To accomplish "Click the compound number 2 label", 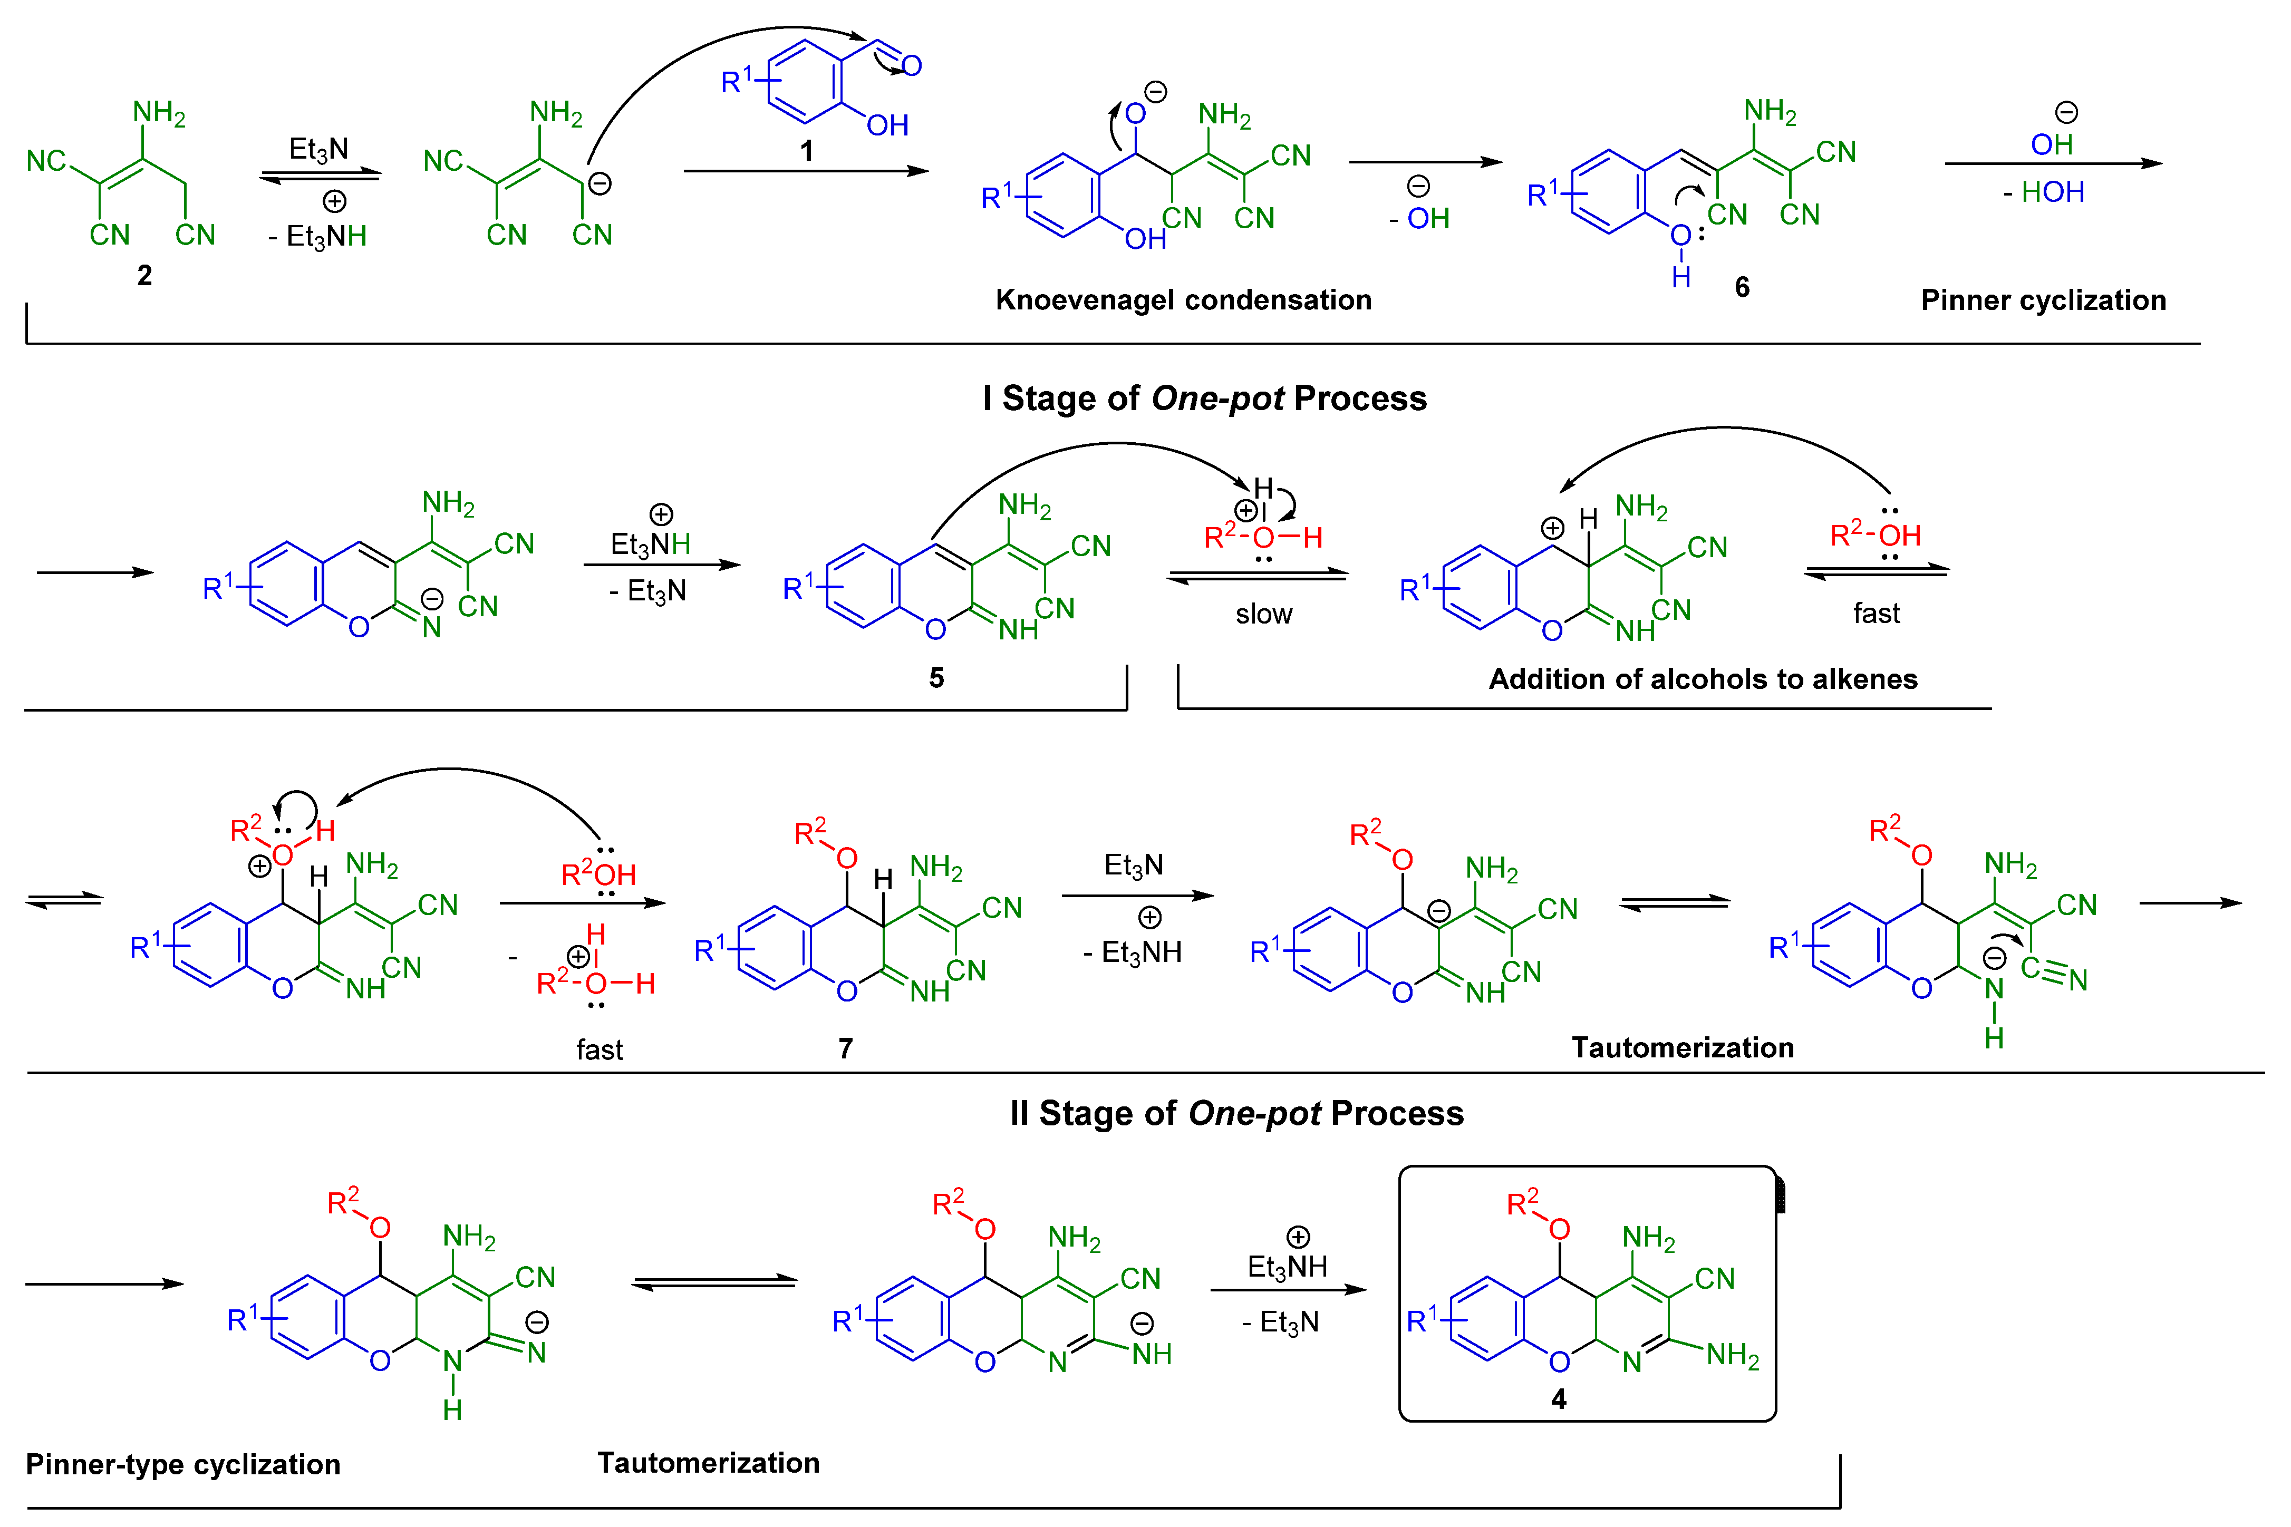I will [x=144, y=276].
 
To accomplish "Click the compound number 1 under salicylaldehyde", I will [x=807, y=151].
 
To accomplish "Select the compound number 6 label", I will [x=1742, y=287].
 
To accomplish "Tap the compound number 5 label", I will [x=936, y=678].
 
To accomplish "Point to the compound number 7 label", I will [x=846, y=1049].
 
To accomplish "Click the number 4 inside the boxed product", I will [x=1559, y=1399].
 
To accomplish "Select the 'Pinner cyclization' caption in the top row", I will [x=2043, y=300].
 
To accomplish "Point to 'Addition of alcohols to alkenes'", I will [x=1703, y=679].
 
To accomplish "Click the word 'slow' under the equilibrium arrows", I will [x=1263, y=615].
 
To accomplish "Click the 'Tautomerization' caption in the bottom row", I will [x=708, y=1463].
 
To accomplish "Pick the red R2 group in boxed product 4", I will [x=1522, y=1203].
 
